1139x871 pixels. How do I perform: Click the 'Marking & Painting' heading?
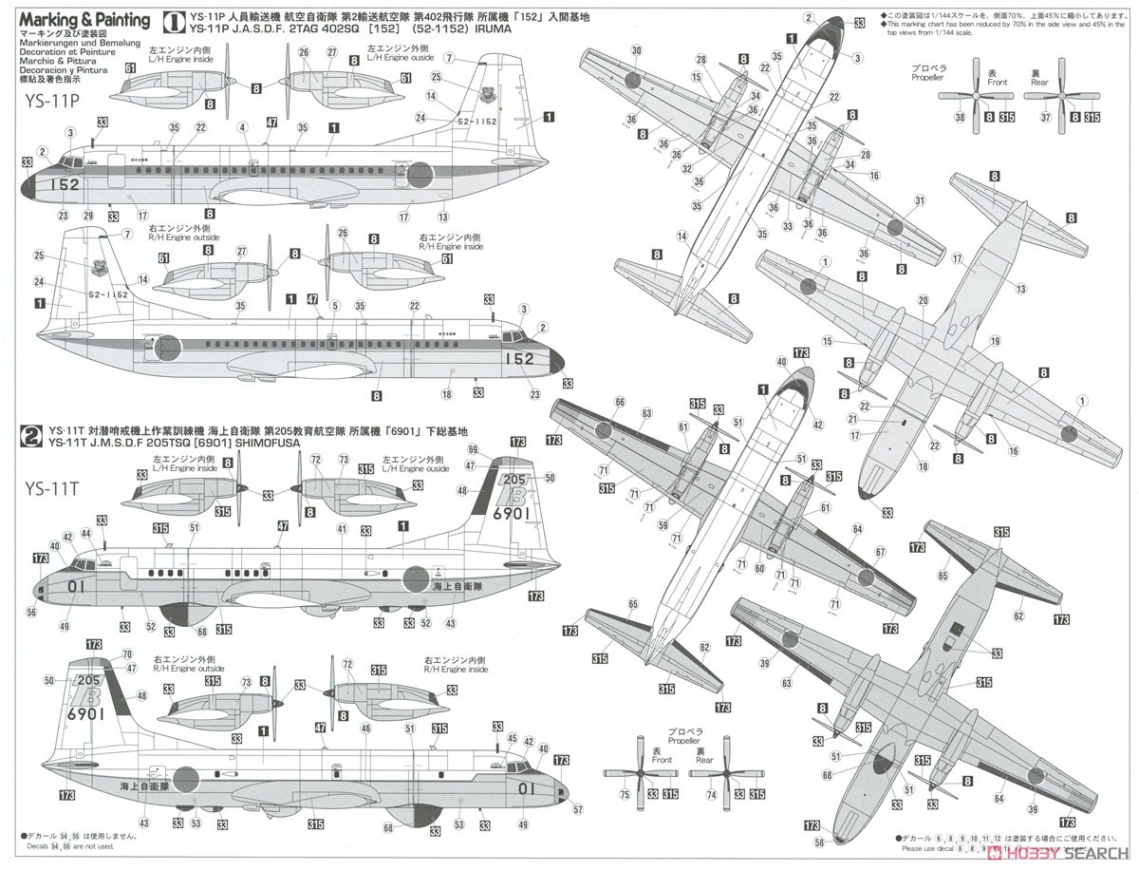coord(84,20)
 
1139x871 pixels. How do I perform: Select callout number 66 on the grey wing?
coord(620,402)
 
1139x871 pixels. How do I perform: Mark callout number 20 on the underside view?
coord(923,300)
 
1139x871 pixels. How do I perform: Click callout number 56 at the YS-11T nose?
coord(31,614)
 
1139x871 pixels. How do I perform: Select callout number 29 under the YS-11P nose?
coord(88,218)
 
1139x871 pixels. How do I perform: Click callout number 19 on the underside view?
coord(995,340)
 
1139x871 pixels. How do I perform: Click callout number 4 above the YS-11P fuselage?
coord(243,127)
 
